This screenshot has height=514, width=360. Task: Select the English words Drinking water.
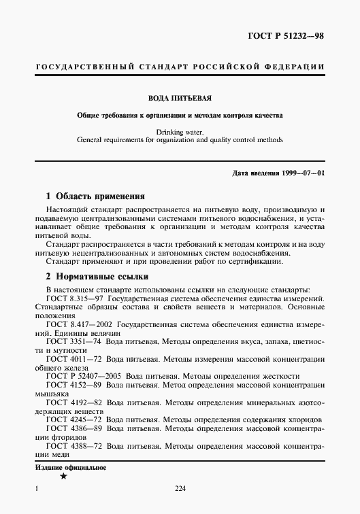pyautogui.click(x=180, y=131)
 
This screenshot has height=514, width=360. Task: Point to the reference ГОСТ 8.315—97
pyautogui.click(x=75, y=299)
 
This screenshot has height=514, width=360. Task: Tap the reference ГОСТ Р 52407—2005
pyautogui.click(x=82, y=376)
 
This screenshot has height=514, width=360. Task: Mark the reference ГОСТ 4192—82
pyautogui.click(x=73, y=402)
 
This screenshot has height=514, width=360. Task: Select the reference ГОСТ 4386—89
pyautogui.click(x=73, y=429)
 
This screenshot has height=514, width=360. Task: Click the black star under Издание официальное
pyautogui.click(x=63, y=477)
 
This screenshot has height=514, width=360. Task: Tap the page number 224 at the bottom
pyautogui.click(x=180, y=488)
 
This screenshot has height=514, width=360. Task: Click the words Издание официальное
pyautogui.click(x=67, y=468)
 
